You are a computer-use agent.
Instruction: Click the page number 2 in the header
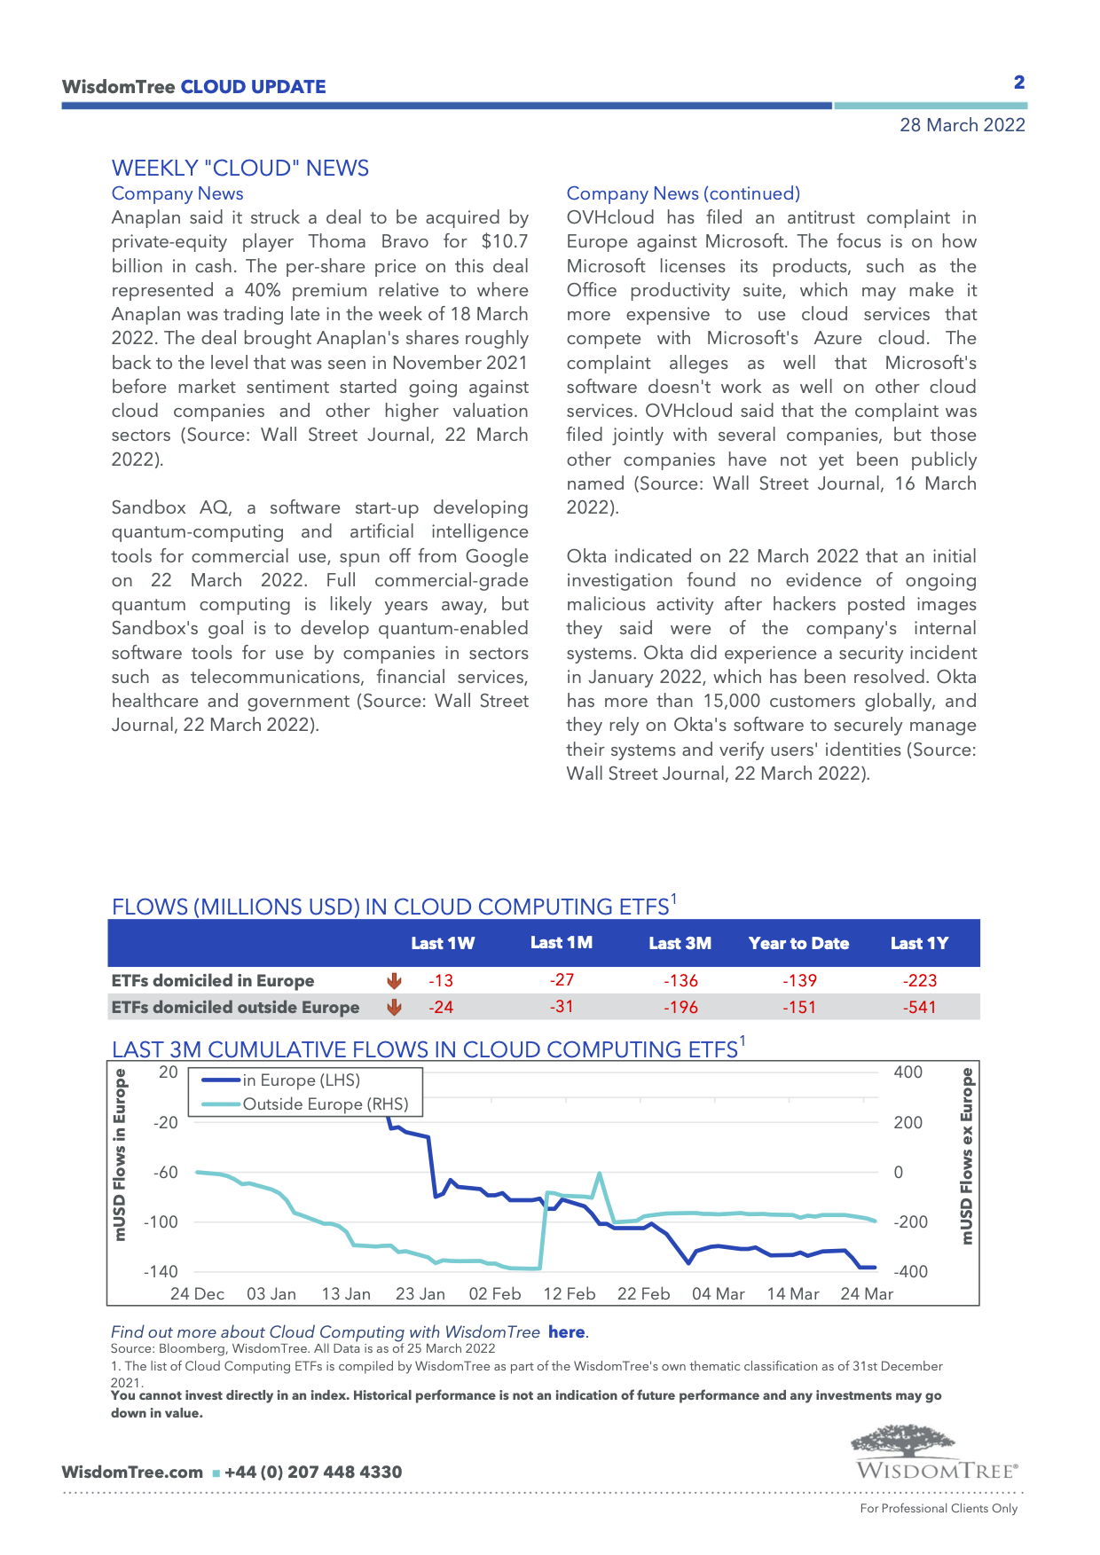(x=1019, y=82)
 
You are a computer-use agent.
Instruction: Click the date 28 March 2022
(x=962, y=125)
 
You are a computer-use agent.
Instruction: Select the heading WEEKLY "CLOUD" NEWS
(x=240, y=169)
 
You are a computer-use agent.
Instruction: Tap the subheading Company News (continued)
(x=683, y=193)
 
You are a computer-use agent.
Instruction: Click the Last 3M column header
(x=680, y=943)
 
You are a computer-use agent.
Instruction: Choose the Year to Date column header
(x=798, y=943)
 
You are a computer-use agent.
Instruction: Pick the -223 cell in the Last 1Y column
(x=920, y=980)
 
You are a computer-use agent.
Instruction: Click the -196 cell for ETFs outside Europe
(x=680, y=1008)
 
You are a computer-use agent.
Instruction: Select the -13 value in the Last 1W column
(x=441, y=980)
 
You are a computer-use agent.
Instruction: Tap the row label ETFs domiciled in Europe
(x=213, y=980)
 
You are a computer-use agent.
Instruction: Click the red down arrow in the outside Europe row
(x=395, y=1008)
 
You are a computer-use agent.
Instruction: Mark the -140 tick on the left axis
(x=161, y=1271)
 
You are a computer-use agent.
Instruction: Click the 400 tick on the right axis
(x=907, y=1072)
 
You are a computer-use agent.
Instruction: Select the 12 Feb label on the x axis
(x=569, y=1293)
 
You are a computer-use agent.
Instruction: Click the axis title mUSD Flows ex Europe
(x=967, y=1155)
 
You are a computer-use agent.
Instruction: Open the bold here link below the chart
(x=566, y=1331)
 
